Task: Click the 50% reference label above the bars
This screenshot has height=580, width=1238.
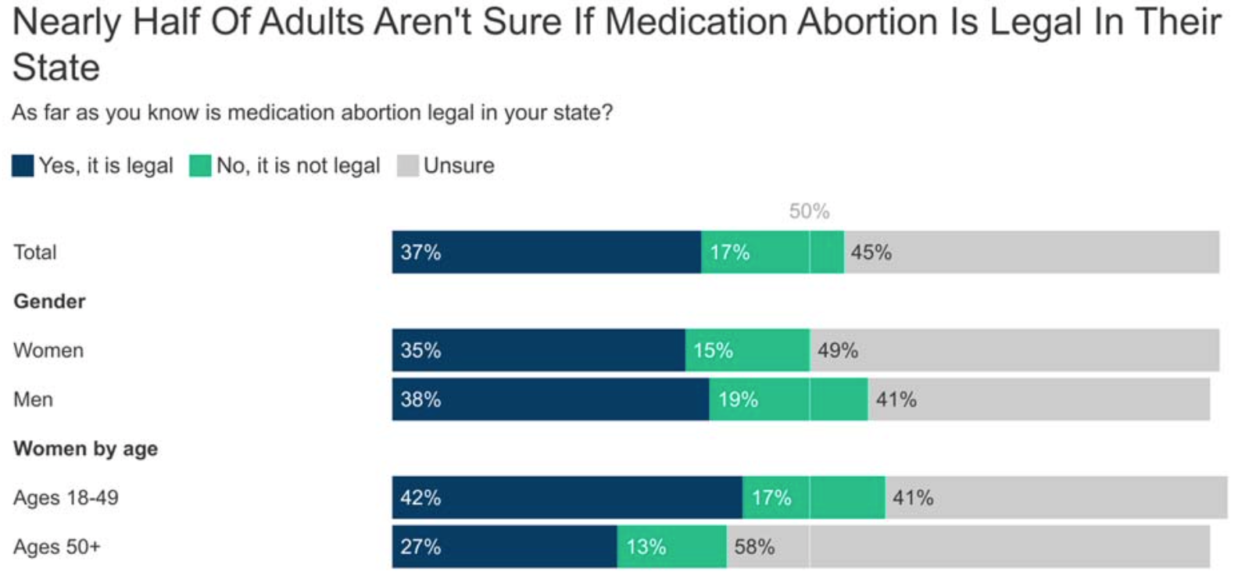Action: point(809,211)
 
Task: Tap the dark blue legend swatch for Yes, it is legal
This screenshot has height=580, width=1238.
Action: point(23,166)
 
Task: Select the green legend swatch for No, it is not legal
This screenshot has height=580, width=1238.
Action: point(200,166)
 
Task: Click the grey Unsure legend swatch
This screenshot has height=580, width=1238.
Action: point(407,166)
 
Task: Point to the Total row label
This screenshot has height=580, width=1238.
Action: point(35,252)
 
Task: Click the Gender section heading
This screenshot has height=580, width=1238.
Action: point(49,301)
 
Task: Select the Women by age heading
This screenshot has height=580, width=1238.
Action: point(85,449)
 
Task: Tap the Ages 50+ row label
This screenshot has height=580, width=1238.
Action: point(56,546)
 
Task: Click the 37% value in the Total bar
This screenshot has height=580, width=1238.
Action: point(420,252)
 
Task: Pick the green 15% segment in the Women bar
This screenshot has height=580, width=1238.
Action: point(747,350)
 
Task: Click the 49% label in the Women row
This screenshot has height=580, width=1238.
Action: point(838,350)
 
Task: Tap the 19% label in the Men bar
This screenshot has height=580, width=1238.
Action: point(738,399)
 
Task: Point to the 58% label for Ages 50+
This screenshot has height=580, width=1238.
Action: point(754,546)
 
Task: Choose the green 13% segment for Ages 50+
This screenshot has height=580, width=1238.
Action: point(671,546)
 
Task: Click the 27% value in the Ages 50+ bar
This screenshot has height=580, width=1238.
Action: point(420,546)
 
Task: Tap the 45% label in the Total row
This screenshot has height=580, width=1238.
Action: point(871,252)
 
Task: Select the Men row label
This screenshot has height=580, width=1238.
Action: point(33,399)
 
